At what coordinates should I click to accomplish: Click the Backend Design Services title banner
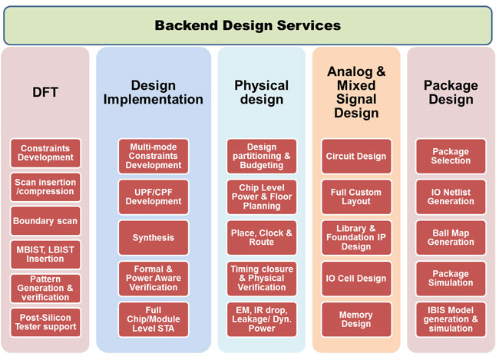[248, 25]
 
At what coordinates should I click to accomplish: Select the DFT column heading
[45, 92]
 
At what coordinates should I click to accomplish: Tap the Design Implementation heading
[154, 93]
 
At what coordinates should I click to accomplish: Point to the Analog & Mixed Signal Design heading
[356, 92]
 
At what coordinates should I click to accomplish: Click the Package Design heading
[451, 92]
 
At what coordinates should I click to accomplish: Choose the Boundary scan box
[45, 221]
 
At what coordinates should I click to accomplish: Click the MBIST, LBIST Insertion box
[45, 255]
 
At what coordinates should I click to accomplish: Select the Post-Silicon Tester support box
[45, 322]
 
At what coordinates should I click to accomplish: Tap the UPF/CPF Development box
[154, 197]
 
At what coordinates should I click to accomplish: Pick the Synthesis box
[154, 238]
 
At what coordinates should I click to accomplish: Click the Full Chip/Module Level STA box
[154, 319]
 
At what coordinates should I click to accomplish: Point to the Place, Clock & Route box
[262, 238]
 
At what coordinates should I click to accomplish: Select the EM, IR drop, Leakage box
[262, 319]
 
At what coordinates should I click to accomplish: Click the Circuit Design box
[356, 157]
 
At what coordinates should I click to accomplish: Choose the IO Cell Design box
[356, 279]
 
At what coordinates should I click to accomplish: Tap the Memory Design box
[356, 319]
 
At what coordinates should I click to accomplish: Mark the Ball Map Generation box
[451, 238]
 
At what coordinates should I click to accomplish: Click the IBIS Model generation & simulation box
[451, 319]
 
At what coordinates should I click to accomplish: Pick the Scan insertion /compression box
[45, 187]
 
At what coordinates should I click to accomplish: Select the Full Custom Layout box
[356, 197]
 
